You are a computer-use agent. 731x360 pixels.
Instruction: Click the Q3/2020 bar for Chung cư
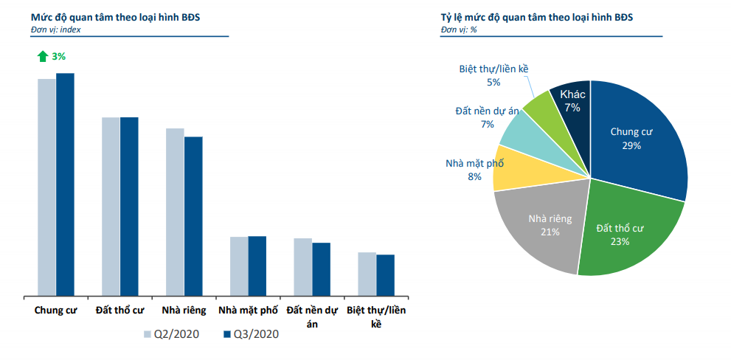[66, 184]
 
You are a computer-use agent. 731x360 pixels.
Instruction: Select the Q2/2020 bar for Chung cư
[47, 187]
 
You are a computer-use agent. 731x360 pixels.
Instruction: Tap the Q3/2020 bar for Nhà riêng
[193, 216]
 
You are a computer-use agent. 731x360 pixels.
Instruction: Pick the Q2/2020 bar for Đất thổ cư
[111, 207]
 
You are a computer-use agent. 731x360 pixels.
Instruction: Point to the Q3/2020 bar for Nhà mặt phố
[257, 266]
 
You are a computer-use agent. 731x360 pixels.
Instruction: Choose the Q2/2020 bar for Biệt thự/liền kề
[367, 274]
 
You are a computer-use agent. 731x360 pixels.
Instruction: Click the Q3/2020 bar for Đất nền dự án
[321, 269]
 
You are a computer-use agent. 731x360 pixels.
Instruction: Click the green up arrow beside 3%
[43, 56]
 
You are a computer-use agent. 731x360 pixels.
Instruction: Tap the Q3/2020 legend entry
[252, 334]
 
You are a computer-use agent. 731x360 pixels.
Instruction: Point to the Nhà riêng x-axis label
[184, 310]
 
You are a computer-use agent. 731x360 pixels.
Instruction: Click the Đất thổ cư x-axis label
[119, 310]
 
